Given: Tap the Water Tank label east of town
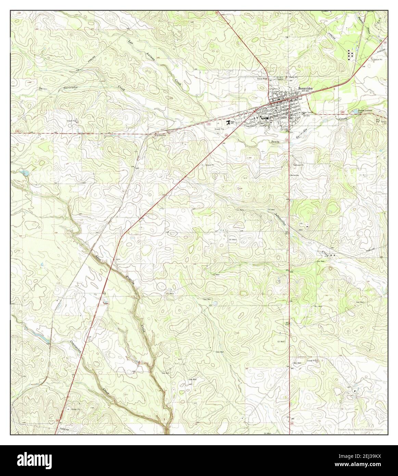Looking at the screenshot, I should click(x=307, y=112).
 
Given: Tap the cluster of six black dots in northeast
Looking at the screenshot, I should click(x=350, y=55).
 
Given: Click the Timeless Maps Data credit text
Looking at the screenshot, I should click(x=360, y=429).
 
